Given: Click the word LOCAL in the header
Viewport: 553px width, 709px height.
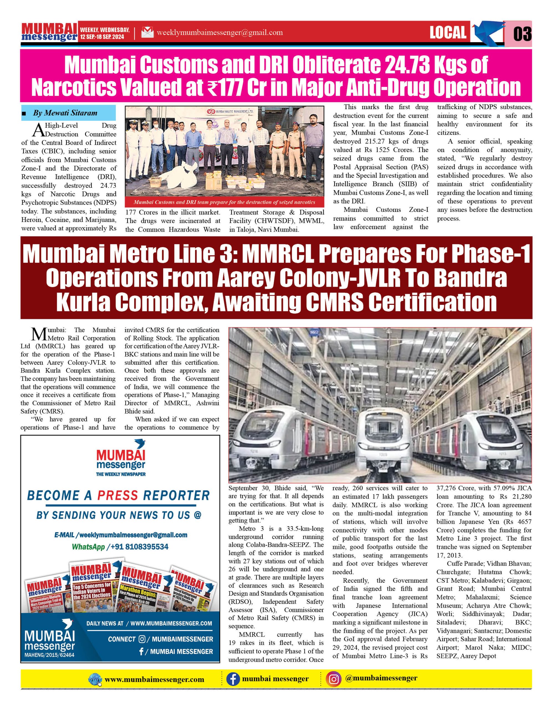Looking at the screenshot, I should coord(448,32).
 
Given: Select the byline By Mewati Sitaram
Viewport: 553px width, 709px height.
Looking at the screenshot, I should coord(65,113).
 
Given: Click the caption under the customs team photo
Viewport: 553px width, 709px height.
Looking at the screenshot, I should coord(224,202).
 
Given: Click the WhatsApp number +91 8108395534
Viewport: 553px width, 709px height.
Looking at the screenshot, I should coord(139,547).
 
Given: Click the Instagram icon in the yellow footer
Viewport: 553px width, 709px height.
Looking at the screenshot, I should coord(334,679).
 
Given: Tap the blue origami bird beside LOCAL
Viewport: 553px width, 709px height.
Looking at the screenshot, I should coord(486,32).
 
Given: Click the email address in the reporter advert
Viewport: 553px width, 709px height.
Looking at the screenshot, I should coord(121,535).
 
